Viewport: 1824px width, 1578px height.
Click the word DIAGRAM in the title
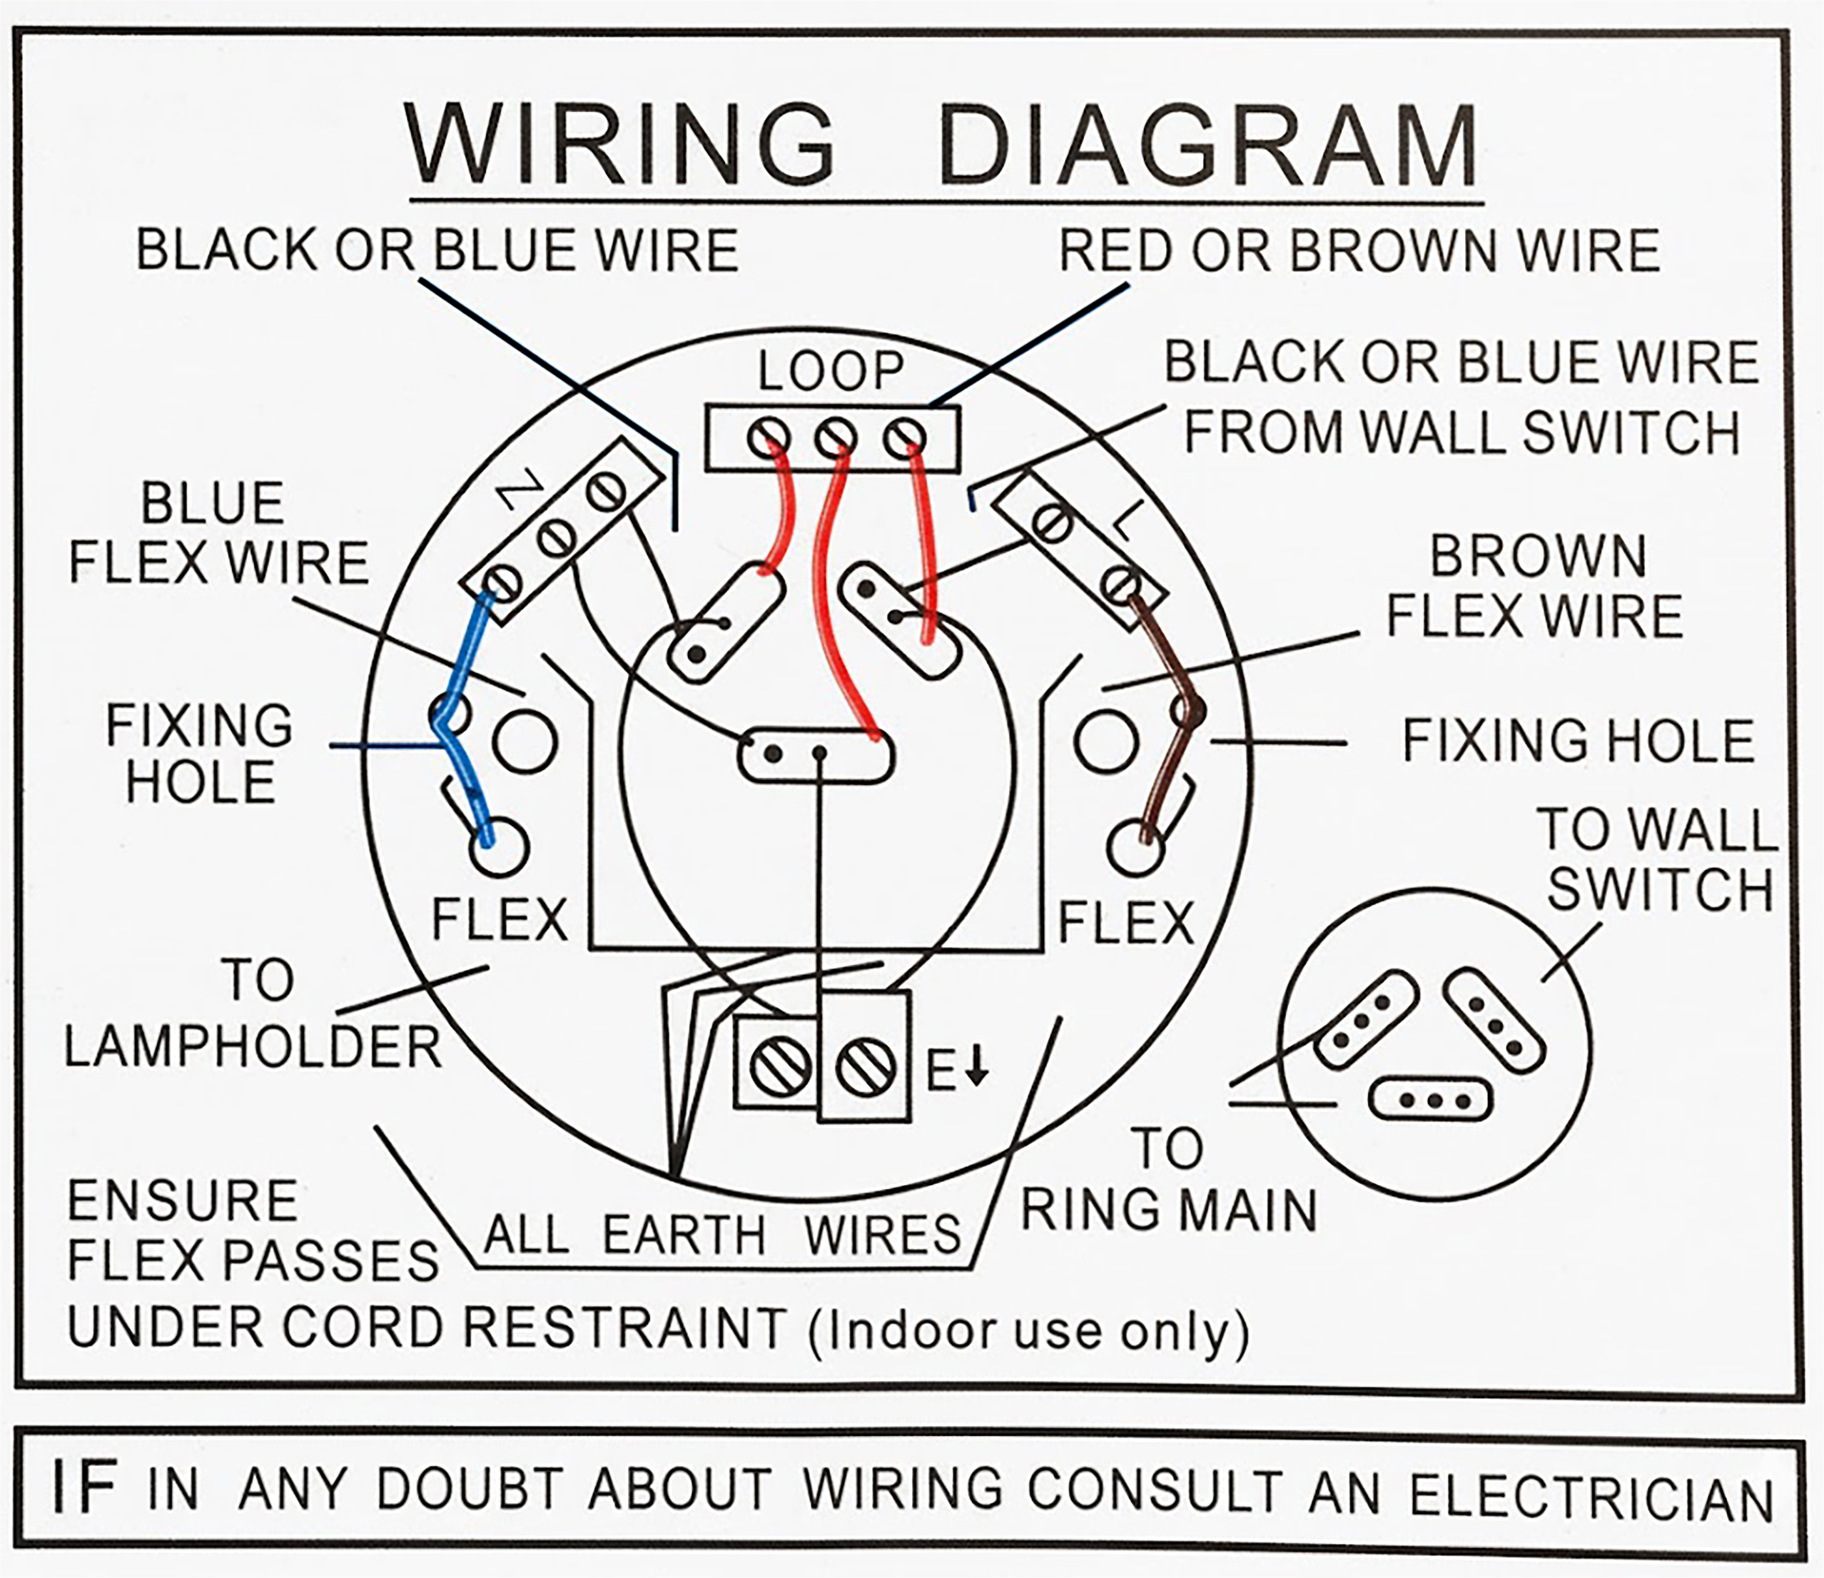1209,146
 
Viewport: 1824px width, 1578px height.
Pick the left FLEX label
499,920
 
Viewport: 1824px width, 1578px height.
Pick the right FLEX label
1124,922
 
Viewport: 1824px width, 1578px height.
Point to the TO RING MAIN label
1168,1180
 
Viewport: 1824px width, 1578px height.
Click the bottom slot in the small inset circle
1430,1100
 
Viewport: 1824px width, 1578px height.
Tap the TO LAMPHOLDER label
253,1013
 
